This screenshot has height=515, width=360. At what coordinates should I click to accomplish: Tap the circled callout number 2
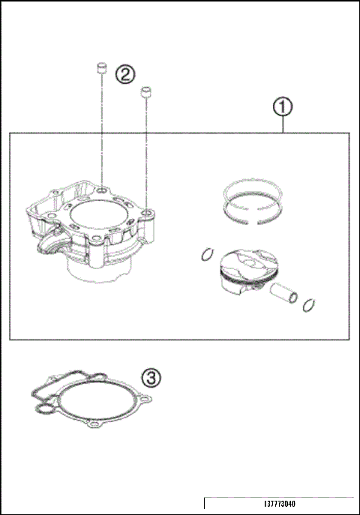(x=124, y=73)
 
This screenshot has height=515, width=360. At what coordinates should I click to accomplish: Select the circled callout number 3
(x=150, y=378)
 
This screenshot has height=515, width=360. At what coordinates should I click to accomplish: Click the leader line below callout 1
(x=282, y=125)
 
